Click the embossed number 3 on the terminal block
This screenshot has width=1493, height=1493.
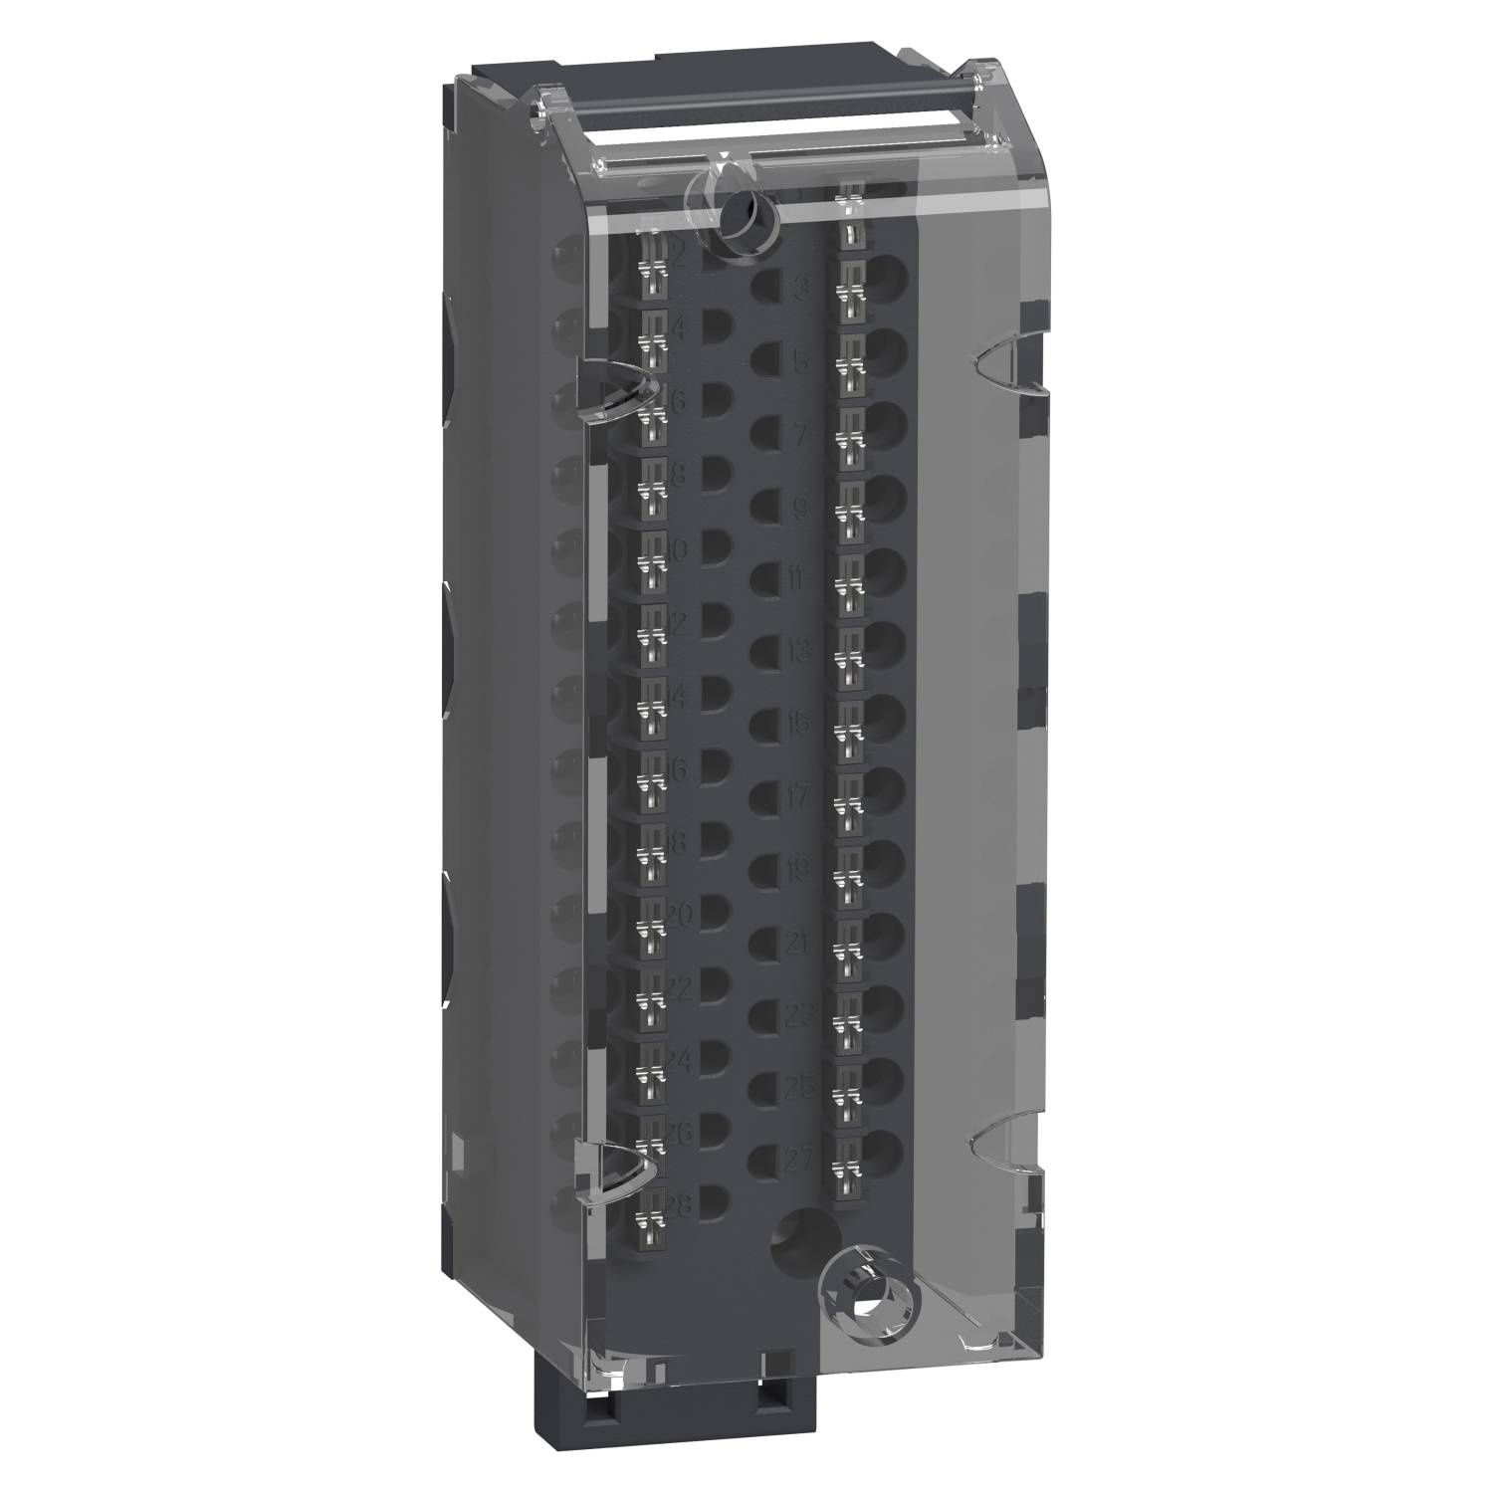coord(798,292)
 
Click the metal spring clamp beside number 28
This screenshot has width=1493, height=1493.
coord(649,1216)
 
